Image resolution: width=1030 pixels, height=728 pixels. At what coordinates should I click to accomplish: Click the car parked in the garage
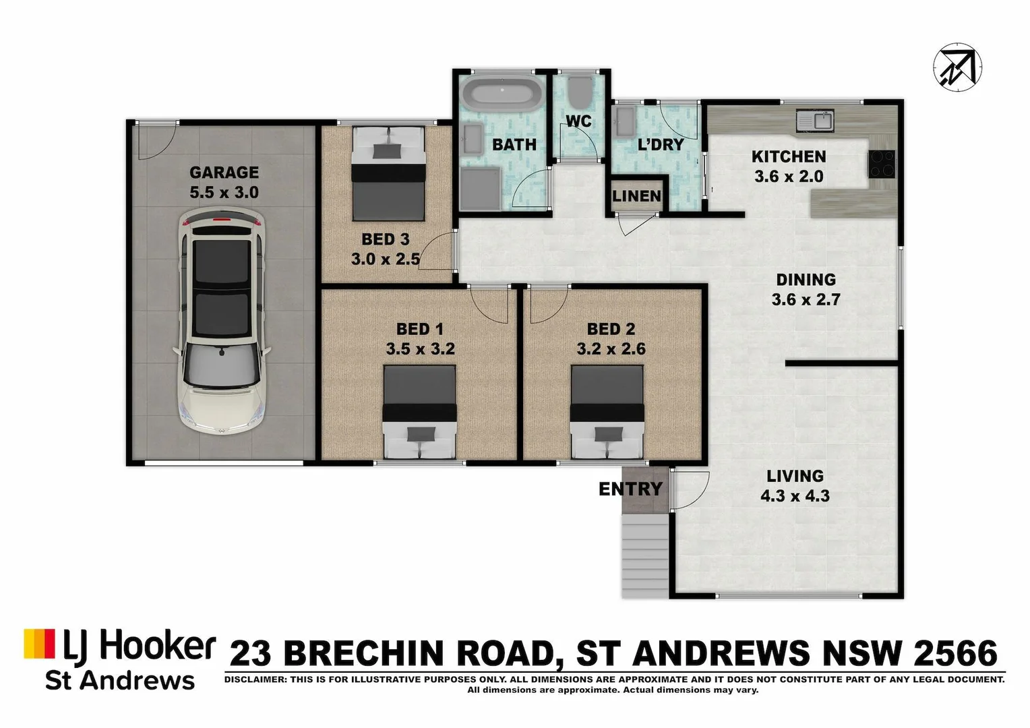(222, 321)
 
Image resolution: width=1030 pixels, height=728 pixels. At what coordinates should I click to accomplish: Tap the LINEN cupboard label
(636, 196)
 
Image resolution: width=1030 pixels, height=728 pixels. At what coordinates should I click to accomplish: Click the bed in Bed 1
(419, 411)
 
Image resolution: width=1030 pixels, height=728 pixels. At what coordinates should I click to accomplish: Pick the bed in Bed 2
(607, 411)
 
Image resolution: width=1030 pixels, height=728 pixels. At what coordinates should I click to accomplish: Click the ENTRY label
(630, 489)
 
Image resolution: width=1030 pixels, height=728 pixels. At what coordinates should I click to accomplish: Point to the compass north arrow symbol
(957, 66)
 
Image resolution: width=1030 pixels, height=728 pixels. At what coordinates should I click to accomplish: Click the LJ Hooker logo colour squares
(39, 644)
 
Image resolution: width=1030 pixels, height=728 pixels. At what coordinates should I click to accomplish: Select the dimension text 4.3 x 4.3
(795, 496)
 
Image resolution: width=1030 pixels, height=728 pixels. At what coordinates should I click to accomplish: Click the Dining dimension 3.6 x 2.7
(806, 299)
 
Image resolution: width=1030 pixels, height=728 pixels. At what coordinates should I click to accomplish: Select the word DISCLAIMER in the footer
(255, 679)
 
